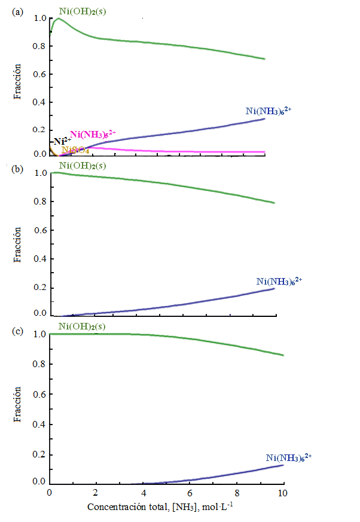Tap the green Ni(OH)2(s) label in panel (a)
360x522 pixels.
(x=83, y=10)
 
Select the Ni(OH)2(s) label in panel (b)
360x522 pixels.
(x=83, y=166)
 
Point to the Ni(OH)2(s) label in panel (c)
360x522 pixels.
(x=83, y=326)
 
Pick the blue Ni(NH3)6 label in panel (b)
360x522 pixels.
(x=279, y=280)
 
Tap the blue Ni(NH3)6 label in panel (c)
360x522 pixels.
(x=289, y=457)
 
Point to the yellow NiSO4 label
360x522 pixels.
(x=76, y=150)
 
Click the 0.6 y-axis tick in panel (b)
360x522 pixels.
(x=39, y=231)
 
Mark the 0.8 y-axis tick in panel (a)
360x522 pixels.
(x=39, y=47)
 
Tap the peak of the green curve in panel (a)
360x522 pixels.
(x=58, y=19)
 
